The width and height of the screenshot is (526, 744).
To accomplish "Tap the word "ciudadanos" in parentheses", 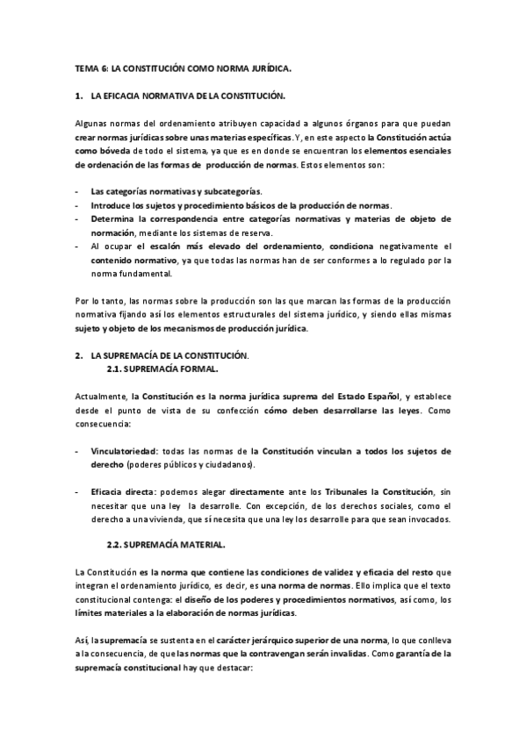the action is pos(227,464).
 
